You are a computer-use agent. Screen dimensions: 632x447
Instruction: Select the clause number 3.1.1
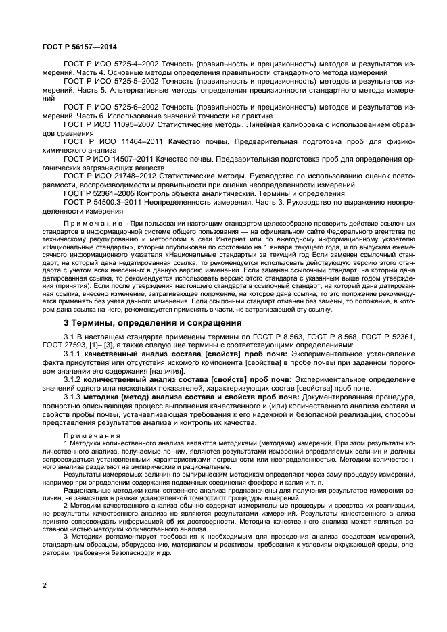(72, 354)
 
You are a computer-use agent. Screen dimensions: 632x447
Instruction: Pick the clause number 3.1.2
(72, 380)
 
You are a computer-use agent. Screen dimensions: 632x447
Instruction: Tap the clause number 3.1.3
(72, 397)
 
